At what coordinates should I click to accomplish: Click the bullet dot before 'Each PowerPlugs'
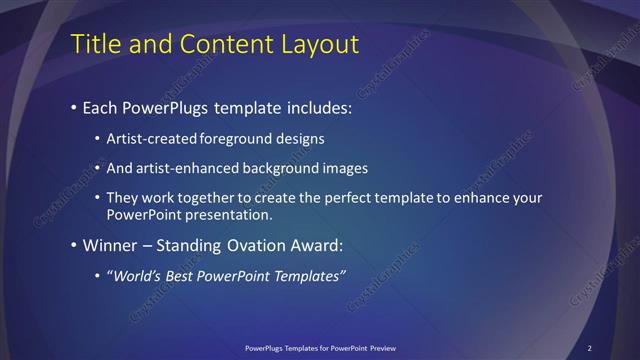tap(74, 107)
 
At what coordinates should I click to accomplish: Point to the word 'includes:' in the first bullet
tap(318, 107)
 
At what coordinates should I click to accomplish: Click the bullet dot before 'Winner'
tap(74, 245)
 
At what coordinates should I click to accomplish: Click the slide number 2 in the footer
tap(590, 348)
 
